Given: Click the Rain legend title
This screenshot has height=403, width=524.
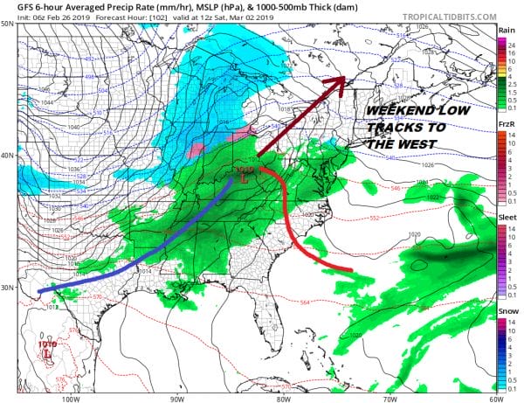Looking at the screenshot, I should pos(505,31).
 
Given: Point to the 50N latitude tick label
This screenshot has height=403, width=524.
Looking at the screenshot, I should pos(10,24).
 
